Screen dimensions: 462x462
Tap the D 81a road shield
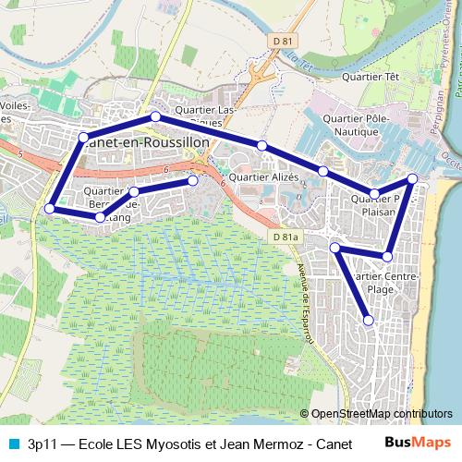coord(286,238)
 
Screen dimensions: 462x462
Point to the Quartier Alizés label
coord(263,177)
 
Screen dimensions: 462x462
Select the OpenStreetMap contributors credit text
coord(382,414)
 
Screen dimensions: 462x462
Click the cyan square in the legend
coord(13,442)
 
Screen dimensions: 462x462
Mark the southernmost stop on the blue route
coord(369,321)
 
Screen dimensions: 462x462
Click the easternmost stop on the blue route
coord(412,178)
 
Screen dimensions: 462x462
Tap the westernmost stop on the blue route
coord(49,209)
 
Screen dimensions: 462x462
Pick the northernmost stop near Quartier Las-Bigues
coord(155,116)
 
